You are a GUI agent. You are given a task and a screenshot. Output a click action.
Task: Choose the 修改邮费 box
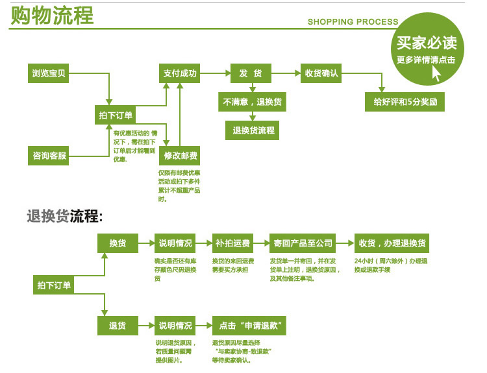tap(179, 156)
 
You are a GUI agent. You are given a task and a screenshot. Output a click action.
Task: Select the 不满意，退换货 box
tap(254, 102)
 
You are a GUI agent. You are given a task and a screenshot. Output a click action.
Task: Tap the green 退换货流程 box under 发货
tap(254, 130)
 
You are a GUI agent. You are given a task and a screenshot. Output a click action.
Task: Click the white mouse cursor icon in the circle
tap(436, 73)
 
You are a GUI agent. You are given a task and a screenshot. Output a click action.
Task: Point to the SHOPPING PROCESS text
tap(353, 22)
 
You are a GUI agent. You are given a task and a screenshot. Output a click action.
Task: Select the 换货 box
tap(118, 243)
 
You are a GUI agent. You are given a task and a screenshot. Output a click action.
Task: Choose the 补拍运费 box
tap(232, 243)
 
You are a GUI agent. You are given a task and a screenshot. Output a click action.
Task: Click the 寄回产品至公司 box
tap(303, 243)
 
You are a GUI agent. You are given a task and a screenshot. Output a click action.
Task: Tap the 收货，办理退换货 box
tap(392, 243)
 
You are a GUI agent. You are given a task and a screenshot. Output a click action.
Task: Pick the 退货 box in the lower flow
tap(118, 325)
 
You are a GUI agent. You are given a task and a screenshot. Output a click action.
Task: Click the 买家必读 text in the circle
tap(427, 43)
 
